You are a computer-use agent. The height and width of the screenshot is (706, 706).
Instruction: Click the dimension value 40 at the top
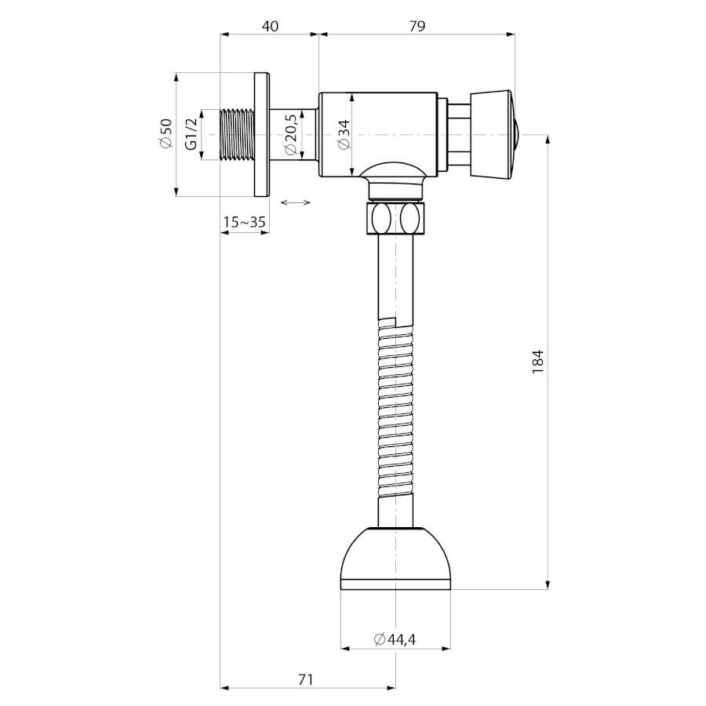tap(270, 26)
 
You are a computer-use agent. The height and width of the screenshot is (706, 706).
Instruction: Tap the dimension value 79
tap(417, 26)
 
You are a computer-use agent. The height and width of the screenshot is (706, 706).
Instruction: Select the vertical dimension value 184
tap(538, 362)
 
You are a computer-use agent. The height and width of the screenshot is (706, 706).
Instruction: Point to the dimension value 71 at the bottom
tap(306, 679)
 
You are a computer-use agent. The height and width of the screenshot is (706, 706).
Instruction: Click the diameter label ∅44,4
tap(395, 639)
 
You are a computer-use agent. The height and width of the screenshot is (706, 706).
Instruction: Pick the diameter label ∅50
tap(166, 133)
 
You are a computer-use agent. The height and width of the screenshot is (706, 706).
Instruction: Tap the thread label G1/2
tap(191, 133)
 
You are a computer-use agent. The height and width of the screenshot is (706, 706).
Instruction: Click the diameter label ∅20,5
tap(290, 135)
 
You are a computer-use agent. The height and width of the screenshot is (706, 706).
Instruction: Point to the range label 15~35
tap(245, 222)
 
